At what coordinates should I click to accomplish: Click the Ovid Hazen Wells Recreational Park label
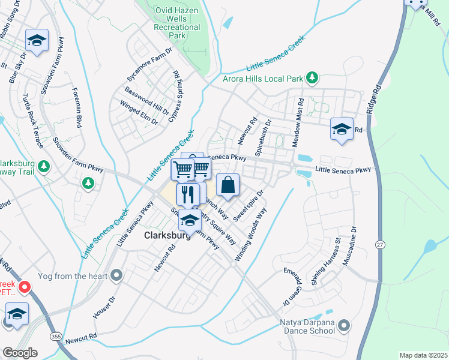coord(176,23)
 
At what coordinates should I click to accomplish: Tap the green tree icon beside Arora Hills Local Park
coord(312,77)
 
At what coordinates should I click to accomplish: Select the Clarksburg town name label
coord(167,236)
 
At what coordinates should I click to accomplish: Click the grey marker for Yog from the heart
coord(116,275)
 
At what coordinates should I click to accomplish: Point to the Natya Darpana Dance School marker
coord(343,326)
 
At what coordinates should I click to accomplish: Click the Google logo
coord(20,353)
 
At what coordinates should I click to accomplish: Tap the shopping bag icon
coord(228,186)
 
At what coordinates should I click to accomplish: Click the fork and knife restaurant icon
coord(188,194)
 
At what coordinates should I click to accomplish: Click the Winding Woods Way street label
coord(251,234)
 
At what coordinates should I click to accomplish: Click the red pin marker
coord(25,287)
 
